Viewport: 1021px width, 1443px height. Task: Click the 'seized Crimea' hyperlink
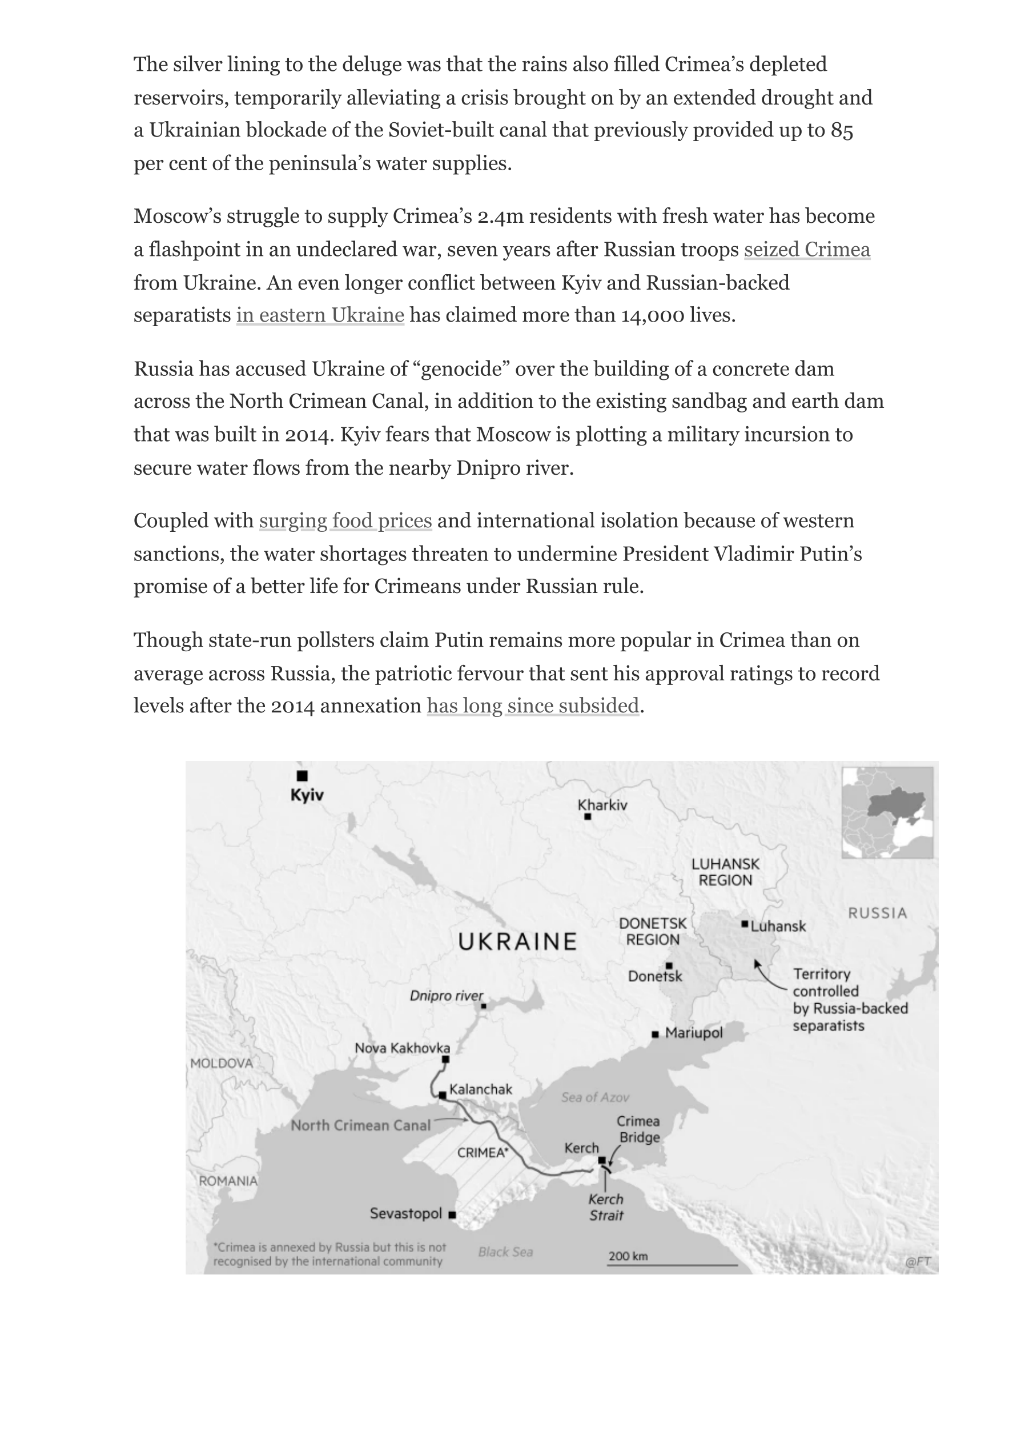click(x=807, y=250)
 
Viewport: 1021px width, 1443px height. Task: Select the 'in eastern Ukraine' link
click(x=320, y=315)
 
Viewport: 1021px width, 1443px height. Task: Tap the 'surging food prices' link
click(x=345, y=520)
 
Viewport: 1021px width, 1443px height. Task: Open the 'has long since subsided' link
click(x=533, y=706)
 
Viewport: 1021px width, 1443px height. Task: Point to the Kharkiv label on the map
click(x=602, y=805)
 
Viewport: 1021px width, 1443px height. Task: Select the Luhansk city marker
click(x=745, y=924)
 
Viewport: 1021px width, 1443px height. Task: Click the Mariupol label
click(x=693, y=1032)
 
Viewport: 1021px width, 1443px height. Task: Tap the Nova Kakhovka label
click(x=402, y=1048)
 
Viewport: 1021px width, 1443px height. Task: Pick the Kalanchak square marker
click(x=443, y=1095)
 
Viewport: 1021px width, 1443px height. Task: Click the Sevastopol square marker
click(x=452, y=1214)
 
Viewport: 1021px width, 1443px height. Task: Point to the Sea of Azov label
click(x=595, y=1097)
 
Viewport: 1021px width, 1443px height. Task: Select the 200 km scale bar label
click(x=628, y=1256)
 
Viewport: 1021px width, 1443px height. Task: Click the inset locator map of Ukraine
click(x=887, y=812)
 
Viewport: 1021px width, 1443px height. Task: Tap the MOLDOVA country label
click(x=222, y=1063)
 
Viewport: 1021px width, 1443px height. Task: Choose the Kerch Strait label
click(x=605, y=1207)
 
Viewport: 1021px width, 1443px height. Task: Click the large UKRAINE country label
click(x=517, y=942)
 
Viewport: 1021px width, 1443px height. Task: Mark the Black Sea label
click(x=505, y=1252)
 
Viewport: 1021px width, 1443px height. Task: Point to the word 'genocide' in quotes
click(x=465, y=368)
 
